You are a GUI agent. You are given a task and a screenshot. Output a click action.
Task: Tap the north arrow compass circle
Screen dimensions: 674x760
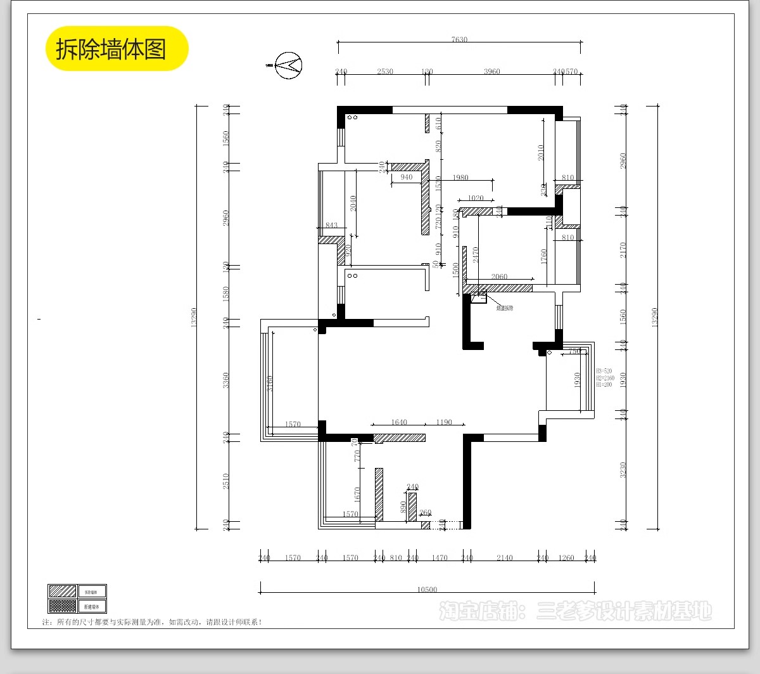[288, 65]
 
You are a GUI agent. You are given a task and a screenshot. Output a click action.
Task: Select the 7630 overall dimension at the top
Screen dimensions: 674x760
[459, 39]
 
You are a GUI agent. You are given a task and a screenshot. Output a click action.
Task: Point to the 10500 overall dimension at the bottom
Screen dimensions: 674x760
[427, 590]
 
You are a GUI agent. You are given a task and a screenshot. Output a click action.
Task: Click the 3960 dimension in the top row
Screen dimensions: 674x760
[491, 72]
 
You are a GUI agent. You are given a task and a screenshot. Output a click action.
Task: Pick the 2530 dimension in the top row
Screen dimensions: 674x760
[385, 72]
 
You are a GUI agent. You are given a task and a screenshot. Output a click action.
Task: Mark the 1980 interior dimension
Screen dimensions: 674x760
[460, 178]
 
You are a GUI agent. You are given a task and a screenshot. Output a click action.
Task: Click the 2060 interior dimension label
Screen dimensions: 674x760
[499, 276]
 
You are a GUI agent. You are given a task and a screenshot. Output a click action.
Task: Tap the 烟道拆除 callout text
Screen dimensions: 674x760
[505, 308]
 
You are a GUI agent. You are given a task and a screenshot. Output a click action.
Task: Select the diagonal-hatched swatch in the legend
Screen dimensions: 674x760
[62, 592]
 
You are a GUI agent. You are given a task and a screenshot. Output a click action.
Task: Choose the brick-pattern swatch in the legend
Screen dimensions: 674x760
[62, 606]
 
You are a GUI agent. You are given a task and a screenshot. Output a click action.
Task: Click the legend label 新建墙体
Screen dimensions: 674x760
[92, 607]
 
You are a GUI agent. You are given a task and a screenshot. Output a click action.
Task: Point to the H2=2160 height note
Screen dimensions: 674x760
[605, 378]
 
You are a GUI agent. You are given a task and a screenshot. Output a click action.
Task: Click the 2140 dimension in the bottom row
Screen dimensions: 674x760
[504, 558]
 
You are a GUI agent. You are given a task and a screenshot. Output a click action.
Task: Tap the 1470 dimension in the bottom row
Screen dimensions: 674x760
[440, 558]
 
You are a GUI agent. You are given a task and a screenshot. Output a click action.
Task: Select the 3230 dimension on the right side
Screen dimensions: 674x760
[623, 470]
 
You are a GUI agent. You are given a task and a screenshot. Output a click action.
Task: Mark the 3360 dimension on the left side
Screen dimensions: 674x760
[226, 380]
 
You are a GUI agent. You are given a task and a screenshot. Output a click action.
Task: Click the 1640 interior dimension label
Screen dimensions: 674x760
[399, 422]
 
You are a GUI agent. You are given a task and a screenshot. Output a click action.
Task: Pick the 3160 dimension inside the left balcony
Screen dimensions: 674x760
[270, 384]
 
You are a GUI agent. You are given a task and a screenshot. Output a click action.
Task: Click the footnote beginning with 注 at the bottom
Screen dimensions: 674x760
[152, 622]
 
